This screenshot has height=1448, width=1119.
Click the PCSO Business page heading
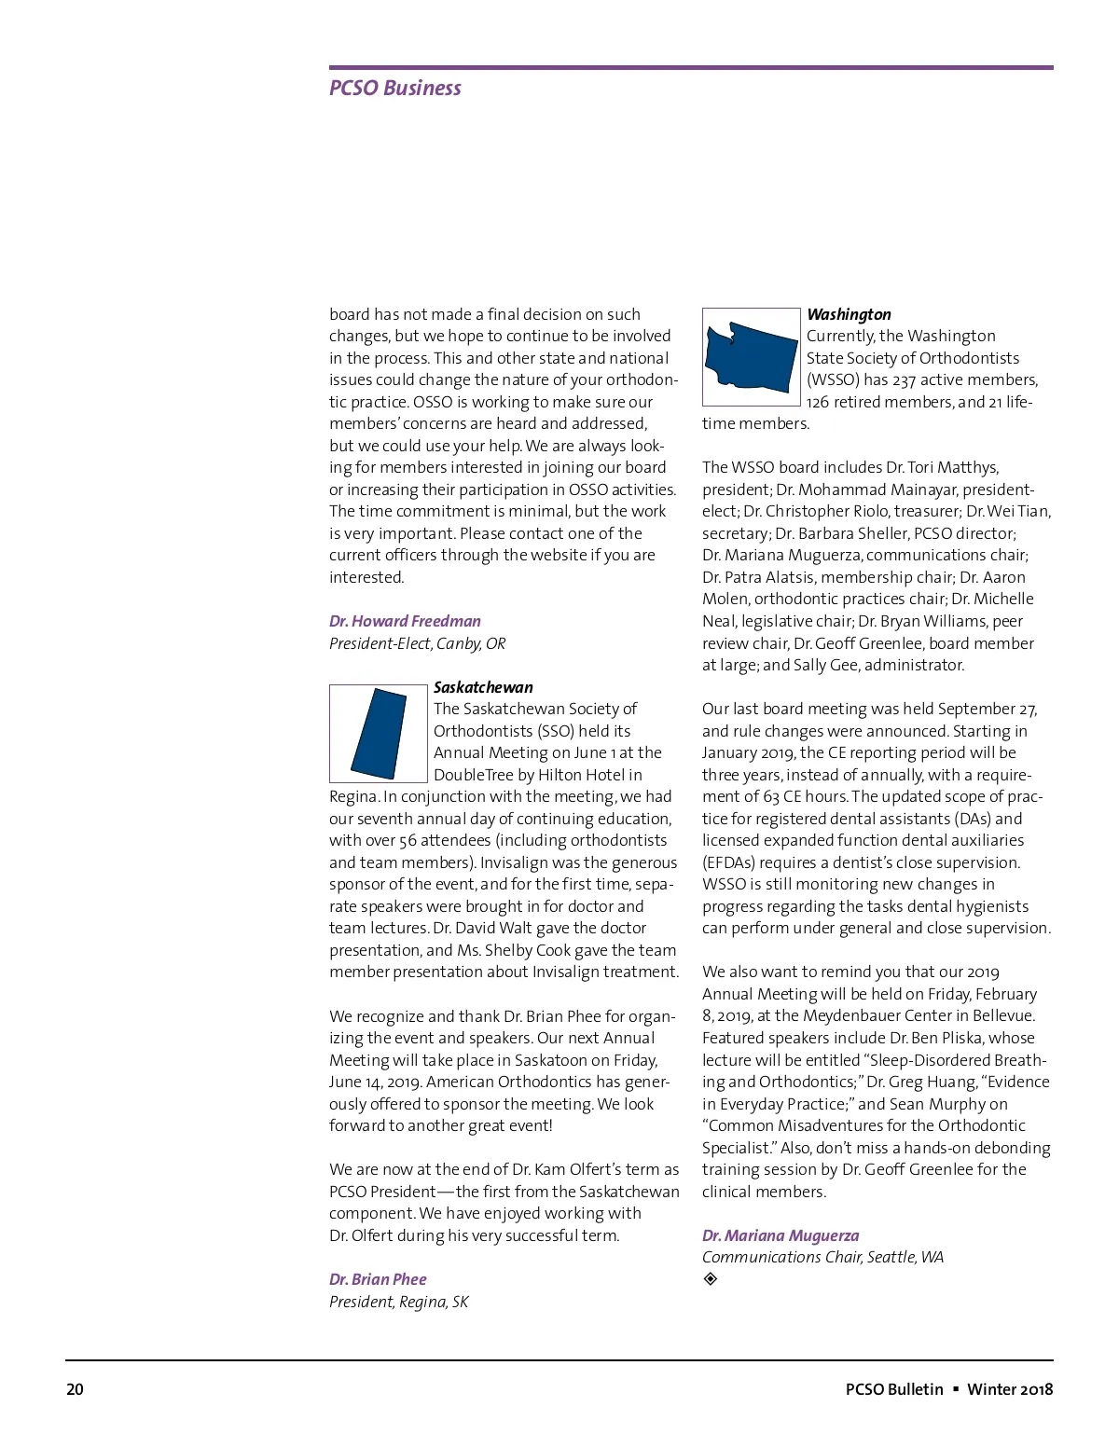(395, 89)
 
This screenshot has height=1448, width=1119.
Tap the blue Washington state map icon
(752, 357)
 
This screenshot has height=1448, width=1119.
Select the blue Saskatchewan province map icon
(379, 734)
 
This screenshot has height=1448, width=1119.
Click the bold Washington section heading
(849, 314)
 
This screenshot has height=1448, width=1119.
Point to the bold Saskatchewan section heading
(483, 687)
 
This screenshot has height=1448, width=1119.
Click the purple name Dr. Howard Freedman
(405, 621)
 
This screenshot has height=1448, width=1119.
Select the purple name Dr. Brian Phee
(378, 1279)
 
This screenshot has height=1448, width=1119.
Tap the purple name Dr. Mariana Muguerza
(781, 1235)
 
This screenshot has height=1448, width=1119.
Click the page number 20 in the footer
(75, 1389)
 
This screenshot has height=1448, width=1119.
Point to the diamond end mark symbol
(711, 1279)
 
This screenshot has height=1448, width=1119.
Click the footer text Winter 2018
(1010, 1389)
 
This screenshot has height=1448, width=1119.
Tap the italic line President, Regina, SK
(398, 1302)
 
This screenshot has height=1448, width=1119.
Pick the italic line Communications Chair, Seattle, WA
(822, 1257)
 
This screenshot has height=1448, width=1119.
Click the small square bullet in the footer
(956, 1389)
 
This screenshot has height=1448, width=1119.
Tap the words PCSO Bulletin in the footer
(894, 1389)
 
